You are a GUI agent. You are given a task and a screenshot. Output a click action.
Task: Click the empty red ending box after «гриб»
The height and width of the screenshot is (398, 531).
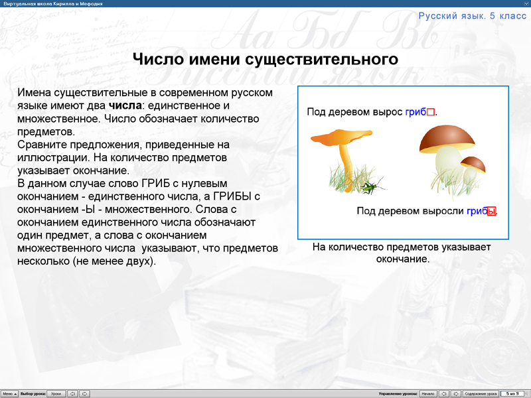pos(430,112)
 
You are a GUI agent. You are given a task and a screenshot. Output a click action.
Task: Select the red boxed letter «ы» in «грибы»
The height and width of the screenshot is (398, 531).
pos(492,212)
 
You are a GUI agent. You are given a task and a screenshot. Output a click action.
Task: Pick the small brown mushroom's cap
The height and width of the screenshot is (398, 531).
pos(473,162)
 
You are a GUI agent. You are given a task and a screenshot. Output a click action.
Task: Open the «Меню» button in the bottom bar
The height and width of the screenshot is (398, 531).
pos(8,393)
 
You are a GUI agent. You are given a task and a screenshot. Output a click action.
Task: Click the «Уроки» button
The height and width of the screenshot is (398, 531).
pos(56,393)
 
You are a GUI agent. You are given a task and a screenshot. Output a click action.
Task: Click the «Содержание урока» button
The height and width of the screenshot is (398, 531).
pos(480,393)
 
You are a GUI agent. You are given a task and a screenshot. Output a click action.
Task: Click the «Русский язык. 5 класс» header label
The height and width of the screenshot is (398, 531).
pos(472,15)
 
